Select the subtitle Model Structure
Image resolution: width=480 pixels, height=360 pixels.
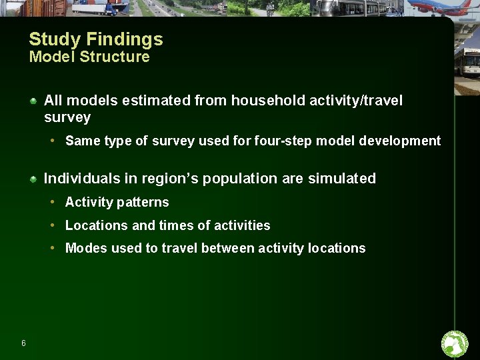[89, 57]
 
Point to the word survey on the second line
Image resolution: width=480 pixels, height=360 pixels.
[67, 117]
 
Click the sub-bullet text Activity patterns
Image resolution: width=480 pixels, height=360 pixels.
[117, 202]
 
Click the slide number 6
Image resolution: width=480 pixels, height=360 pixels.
[23, 343]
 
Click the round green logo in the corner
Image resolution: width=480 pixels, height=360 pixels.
[455, 344]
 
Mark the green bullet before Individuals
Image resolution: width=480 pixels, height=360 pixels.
[33, 179]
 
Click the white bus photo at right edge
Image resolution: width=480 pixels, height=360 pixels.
[467, 67]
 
